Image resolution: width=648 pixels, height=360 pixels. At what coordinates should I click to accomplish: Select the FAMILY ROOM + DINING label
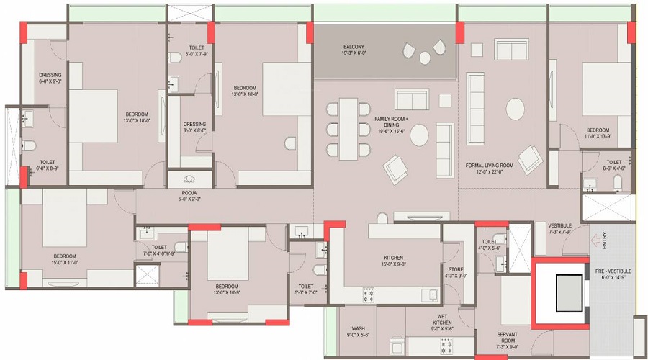(x=391, y=122)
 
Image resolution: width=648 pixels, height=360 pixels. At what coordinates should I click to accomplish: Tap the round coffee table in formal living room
(x=516, y=109)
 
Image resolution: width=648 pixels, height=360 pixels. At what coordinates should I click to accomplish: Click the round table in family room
(x=419, y=135)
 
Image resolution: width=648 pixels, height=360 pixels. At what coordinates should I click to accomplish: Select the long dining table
(x=348, y=128)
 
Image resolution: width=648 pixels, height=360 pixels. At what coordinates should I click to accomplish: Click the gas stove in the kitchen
(x=368, y=294)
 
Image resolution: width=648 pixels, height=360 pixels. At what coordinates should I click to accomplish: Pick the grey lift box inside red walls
(x=568, y=292)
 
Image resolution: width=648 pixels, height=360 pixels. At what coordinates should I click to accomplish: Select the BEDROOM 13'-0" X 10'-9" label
(x=229, y=289)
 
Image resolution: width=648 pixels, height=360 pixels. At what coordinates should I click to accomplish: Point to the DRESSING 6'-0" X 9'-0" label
(x=50, y=78)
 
